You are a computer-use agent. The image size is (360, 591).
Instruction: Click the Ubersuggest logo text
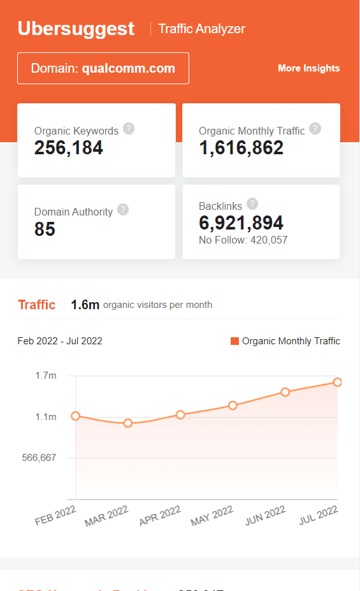[x=76, y=29]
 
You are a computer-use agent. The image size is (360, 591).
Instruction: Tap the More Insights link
[x=308, y=68]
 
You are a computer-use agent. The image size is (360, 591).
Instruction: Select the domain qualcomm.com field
[x=103, y=68]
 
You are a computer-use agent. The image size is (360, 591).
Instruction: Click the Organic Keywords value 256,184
[x=68, y=148]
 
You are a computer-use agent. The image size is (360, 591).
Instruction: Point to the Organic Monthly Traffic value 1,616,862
[x=241, y=148]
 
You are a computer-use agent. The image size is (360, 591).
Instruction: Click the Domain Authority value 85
[x=45, y=229]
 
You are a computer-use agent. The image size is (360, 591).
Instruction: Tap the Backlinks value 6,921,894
[x=241, y=223]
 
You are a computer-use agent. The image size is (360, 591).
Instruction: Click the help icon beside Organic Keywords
[x=129, y=129]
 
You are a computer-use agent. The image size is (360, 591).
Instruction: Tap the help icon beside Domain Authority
[x=123, y=210]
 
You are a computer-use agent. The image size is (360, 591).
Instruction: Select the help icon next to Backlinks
[x=252, y=204]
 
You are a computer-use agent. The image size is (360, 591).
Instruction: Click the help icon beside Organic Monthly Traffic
[x=315, y=129]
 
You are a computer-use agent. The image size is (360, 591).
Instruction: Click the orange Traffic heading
[x=36, y=305]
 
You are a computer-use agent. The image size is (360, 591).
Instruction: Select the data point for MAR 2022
[x=128, y=423]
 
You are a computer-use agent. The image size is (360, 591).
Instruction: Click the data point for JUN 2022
[x=285, y=392]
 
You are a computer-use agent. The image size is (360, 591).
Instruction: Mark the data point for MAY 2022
[x=233, y=405]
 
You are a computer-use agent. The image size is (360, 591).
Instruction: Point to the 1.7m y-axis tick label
[x=46, y=376]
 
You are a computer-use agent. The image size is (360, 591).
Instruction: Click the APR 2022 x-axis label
[x=160, y=516]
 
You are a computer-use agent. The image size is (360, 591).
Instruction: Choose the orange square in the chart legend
[x=234, y=341]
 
